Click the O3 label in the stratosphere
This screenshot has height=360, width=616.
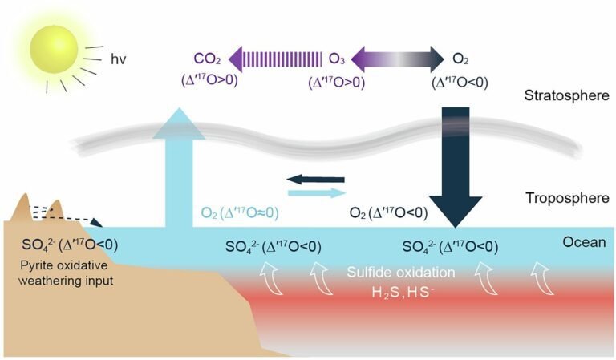click(338, 58)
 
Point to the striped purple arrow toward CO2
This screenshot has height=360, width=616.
click(277, 58)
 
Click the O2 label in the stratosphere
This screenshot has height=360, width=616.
click(460, 58)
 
